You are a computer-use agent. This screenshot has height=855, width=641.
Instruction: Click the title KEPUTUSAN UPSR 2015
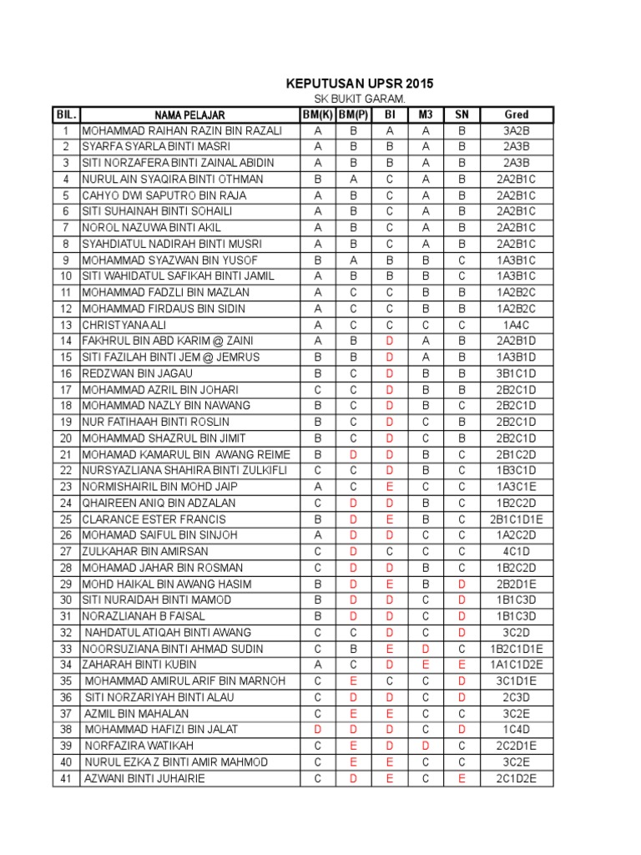coord(360,84)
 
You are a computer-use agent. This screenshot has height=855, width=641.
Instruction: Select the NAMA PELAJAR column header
coord(189,114)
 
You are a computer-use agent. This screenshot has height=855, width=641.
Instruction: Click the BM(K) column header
coord(317,114)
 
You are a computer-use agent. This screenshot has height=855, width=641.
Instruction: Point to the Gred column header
coord(517,114)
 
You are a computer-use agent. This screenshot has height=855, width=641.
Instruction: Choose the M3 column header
coord(426,114)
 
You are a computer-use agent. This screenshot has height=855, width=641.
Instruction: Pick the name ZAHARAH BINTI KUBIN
coord(139,665)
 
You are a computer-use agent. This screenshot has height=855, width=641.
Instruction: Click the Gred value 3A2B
coord(517,131)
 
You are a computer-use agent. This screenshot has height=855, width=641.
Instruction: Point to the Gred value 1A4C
coord(517,325)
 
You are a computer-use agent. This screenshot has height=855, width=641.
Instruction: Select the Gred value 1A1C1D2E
coord(517,665)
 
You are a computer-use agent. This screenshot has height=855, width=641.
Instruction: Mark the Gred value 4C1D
coord(517,551)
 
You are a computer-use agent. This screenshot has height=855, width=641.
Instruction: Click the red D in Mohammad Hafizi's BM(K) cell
coord(317,729)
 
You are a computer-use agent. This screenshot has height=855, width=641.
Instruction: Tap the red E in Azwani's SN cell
coord(462,778)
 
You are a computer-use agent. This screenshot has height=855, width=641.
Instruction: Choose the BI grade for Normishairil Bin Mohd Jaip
coord(390,487)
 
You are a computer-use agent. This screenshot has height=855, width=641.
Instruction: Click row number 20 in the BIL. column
coord(65,438)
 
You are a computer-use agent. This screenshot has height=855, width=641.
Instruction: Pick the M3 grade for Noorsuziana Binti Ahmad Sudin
coord(426,649)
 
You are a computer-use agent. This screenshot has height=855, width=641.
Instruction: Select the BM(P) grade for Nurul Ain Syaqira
coord(354,180)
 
